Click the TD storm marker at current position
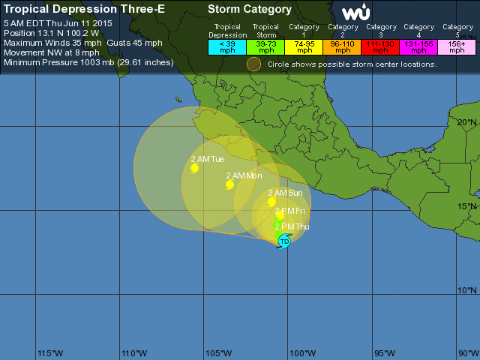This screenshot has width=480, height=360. coord(284,241)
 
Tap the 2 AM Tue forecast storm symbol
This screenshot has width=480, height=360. coord(194,168)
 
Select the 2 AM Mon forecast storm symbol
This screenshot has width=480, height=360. coord(229,184)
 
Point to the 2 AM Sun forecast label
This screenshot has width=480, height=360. coord(289,193)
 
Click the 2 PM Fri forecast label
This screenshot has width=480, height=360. coord(289,211)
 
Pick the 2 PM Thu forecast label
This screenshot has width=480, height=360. coord(292,226)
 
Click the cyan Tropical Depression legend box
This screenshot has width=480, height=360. coord(227,46)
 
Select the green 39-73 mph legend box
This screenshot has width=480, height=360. coord(265,46)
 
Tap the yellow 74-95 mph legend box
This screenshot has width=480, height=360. coord(304,46)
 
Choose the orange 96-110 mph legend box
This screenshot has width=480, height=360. coord(342,46)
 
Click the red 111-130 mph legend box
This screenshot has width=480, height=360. coord(380,46)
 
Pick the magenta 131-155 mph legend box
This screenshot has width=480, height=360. coord(418,46)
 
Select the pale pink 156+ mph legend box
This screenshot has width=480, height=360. coord(456,46)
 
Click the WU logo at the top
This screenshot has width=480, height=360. coord(355,12)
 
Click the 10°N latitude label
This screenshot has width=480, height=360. coord(467,290)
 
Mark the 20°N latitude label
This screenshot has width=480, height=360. coord(467,122)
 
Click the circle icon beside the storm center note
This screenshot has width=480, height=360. coord(254,64)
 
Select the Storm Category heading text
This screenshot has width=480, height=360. coord(250,10)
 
